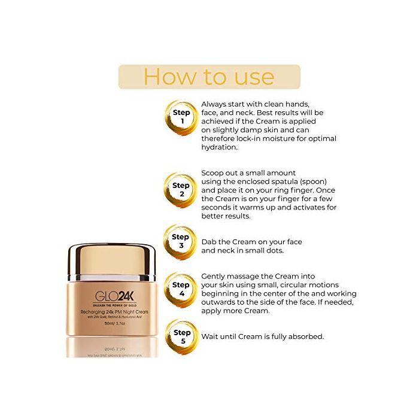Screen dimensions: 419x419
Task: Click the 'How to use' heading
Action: coord(209,77)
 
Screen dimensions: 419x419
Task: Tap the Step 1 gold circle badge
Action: coord(181,117)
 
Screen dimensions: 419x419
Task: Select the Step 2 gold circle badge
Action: coord(181,190)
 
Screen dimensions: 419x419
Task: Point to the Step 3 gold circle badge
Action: coord(181,241)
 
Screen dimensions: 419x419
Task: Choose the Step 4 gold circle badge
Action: coord(181,290)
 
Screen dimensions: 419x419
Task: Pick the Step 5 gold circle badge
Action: coord(181,337)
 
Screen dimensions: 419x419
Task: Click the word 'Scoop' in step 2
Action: coord(214,173)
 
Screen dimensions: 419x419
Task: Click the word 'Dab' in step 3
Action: coord(209,242)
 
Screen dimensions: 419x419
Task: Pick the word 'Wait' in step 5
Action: coord(211,336)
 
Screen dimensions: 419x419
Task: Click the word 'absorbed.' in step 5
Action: coord(306,336)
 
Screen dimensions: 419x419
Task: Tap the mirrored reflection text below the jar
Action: coord(113,346)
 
